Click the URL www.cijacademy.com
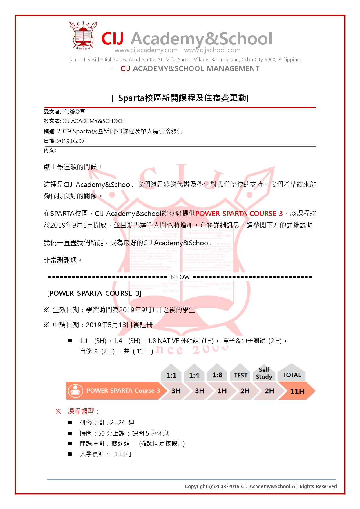point(146,50)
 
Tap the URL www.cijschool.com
point(212,50)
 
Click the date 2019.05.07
point(71,141)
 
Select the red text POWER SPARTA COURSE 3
point(239,214)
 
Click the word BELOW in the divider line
point(180,277)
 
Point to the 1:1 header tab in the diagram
point(171,375)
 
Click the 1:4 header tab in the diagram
point(194,375)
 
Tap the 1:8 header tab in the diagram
point(217,375)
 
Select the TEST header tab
point(240,375)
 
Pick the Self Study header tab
point(264,373)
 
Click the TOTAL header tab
point(292,375)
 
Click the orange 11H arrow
point(297,391)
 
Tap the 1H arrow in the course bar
point(222,391)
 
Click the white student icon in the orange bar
point(76,391)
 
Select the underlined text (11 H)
point(143,351)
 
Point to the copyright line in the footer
point(260,486)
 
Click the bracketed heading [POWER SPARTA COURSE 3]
point(94,293)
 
